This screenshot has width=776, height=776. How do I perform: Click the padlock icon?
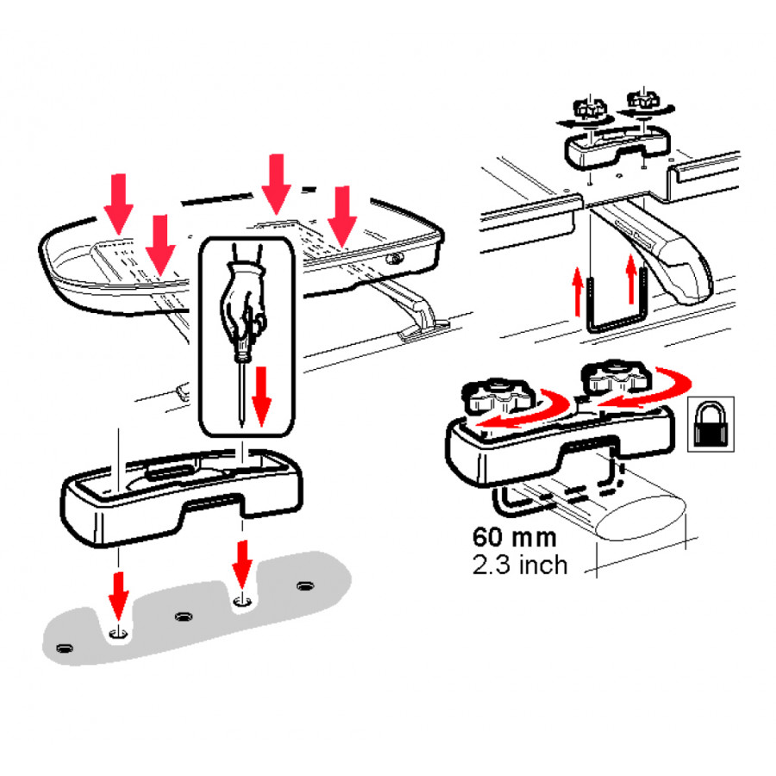(710, 424)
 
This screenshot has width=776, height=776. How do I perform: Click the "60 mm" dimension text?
(514, 537)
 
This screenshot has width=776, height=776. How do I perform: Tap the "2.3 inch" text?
(520, 565)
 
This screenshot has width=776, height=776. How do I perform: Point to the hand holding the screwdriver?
(243, 302)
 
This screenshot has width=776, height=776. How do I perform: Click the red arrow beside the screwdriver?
(261, 396)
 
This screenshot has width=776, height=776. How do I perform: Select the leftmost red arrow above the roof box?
(118, 203)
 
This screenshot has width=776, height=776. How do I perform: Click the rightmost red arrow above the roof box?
(342, 216)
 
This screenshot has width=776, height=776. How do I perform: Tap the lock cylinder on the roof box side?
(394, 259)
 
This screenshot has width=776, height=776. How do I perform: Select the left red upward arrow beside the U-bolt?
(578, 291)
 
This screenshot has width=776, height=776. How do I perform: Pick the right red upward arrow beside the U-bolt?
(631, 278)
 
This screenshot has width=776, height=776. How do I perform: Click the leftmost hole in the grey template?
(65, 648)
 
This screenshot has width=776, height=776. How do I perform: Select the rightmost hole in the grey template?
(305, 586)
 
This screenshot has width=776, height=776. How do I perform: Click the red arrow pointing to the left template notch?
(119, 596)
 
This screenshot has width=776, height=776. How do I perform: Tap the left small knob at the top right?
(590, 109)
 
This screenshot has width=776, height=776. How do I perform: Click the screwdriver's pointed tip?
(242, 426)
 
